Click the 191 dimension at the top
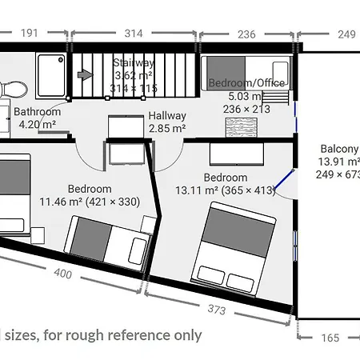(x=29, y=34)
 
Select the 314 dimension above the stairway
(x=133, y=34)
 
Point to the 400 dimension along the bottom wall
(x=62, y=274)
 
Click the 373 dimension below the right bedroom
(x=229, y=310)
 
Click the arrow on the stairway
(x=84, y=75)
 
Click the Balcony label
(x=339, y=149)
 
